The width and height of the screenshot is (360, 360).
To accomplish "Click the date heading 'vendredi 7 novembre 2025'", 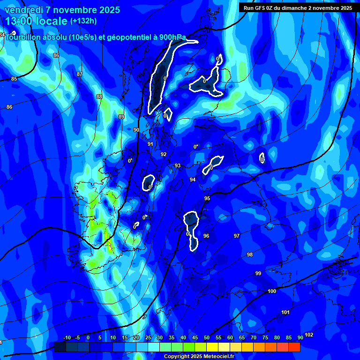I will click(x=62, y=10).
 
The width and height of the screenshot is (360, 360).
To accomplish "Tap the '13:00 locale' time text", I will click(x=36, y=21).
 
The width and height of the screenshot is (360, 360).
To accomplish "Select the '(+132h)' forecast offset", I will click(x=83, y=21).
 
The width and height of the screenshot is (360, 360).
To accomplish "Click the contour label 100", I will click(x=272, y=292).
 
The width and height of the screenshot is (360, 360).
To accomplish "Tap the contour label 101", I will click(x=285, y=312).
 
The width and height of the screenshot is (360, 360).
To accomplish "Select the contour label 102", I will click(x=309, y=335).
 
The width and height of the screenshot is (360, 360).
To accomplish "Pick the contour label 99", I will click(x=258, y=273).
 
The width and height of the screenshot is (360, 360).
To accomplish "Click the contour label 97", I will click(x=237, y=236).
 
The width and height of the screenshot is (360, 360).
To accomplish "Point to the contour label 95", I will click(x=207, y=199).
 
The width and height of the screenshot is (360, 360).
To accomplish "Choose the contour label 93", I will click(x=178, y=165).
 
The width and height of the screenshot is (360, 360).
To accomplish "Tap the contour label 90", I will click(x=136, y=130).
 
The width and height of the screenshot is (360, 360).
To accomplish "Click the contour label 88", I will click(x=99, y=97).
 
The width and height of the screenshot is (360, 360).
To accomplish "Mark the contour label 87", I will click(x=79, y=74).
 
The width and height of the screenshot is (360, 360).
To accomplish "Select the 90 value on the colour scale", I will click(x=300, y=338).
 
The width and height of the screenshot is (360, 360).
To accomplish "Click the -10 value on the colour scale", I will click(x=67, y=338).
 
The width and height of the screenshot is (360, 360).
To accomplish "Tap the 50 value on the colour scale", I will click(x=207, y=338).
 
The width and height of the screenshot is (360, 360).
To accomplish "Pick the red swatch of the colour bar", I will click(x=294, y=347).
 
